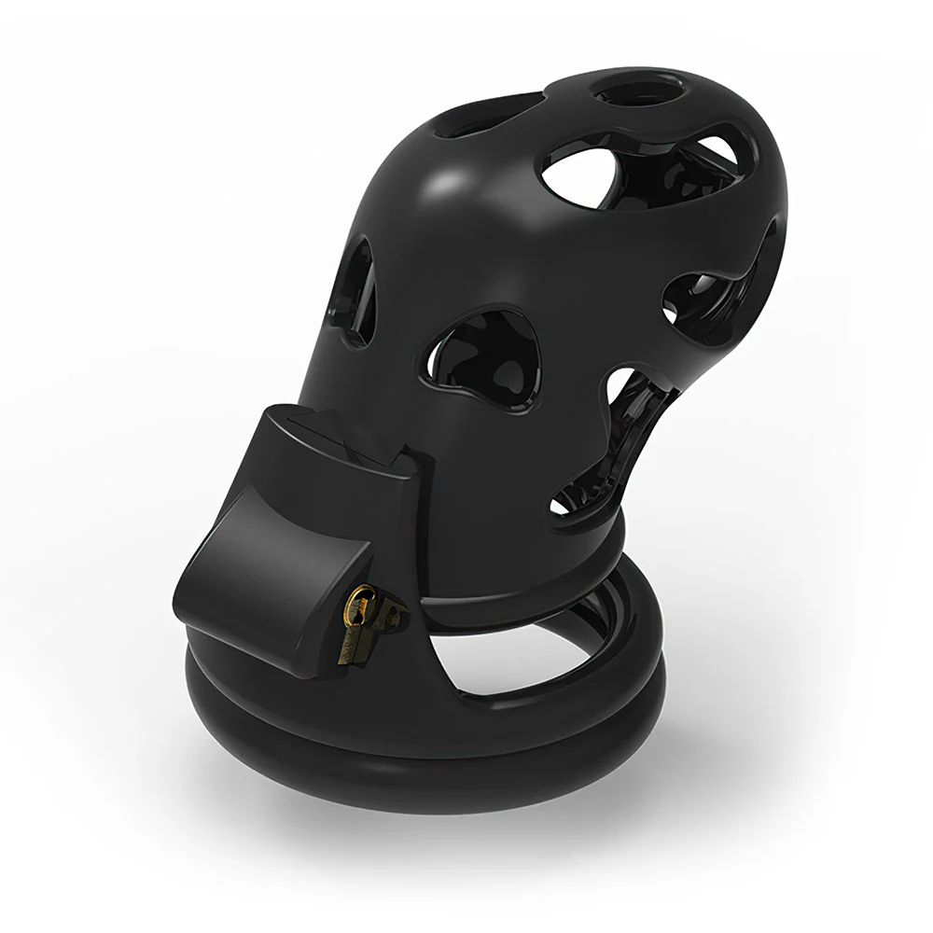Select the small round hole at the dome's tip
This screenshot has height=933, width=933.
[637, 93]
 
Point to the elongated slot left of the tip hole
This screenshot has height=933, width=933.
[485, 118]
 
